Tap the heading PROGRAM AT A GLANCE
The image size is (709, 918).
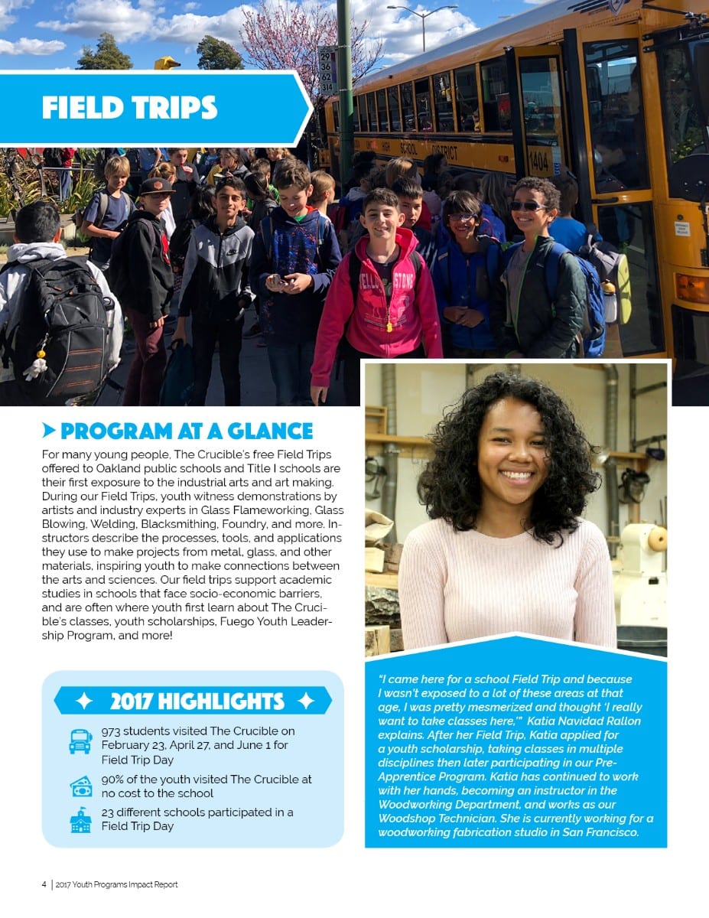coord(187,431)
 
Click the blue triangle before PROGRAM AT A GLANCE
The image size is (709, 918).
coord(49,430)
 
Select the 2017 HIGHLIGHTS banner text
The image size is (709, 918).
coord(197,701)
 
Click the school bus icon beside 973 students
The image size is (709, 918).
coord(80,741)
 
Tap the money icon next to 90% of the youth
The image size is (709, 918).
coord(80,786)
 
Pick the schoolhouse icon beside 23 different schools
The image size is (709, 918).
coord(80,820)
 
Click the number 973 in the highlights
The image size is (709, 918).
coord(111,731)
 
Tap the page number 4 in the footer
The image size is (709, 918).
coord(44,884)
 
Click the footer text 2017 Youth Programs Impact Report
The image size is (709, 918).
coord(116,884)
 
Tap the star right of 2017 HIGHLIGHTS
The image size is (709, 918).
coord(306,701)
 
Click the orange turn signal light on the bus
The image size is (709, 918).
coord(690,288)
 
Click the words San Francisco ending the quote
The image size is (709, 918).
coord(600,832)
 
